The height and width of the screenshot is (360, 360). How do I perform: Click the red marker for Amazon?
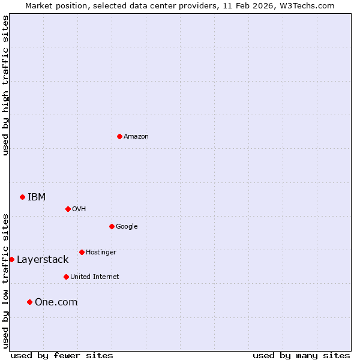(x=119, y=136)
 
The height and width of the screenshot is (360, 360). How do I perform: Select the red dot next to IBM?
(x=22, y=197)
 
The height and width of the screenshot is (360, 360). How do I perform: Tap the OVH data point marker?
(x=68, y=209)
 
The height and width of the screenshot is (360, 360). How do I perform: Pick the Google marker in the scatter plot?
(x=112, y=226)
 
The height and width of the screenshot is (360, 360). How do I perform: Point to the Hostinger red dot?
(x=82, y=252)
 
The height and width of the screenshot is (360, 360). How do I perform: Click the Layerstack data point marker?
(x=11, y=259)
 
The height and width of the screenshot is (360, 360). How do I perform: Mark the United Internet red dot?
(x=66, y=277)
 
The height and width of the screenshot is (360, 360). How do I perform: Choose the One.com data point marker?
(x=29, y=302)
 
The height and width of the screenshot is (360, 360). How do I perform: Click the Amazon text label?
(x=136, y=136)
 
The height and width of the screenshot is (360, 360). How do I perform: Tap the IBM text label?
(x=37, y=197)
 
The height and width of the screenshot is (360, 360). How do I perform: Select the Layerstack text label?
(x=43, y=259)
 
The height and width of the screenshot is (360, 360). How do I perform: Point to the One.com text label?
(x=56, y=302)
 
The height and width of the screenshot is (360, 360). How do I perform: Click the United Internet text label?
(x=95, y=277)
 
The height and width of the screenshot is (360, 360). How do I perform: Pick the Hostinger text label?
(x=101, y=252)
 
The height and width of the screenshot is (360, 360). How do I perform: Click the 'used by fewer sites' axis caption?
(x=62, y=355)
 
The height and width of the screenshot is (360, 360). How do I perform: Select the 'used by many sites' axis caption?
(x=301, y=355)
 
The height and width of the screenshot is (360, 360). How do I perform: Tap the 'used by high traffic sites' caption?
(x=5, y=85)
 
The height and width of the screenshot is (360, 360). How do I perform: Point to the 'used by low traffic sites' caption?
(x=5, y=281)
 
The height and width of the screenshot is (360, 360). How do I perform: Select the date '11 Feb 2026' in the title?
(x=251, y=5)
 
